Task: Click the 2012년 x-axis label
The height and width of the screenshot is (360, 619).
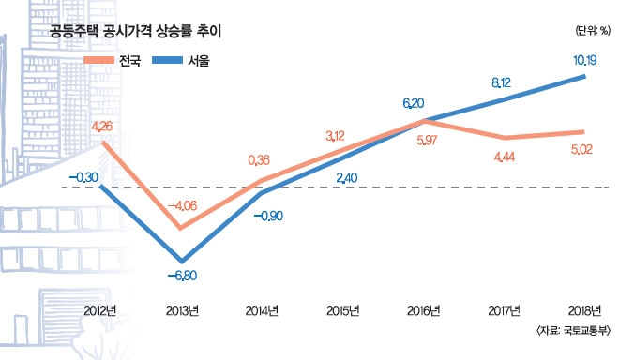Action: (x=100, y=309)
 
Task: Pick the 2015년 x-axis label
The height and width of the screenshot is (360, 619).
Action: (x=343, y=309)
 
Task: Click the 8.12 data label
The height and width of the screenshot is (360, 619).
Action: (x=506, y=82)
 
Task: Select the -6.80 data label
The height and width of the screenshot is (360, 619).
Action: (x=182, y=276)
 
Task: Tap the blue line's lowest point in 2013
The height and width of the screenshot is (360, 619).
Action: (x=182, y=260)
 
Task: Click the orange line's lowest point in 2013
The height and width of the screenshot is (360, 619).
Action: (x=182, y=228)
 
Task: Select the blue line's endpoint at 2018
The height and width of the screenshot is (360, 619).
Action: (x=586, y=76)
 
